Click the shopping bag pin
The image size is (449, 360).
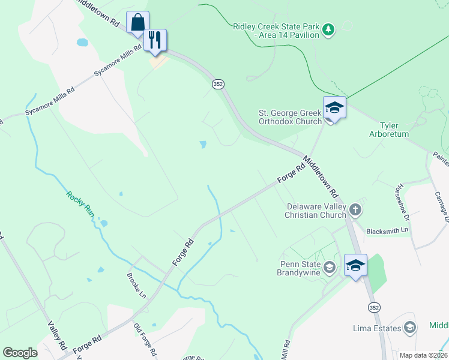tap(137, 23)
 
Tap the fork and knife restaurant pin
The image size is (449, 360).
tap(155, 40)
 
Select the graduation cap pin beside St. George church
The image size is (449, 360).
tap(334, 108)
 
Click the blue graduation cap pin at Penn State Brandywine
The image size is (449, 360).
tap(355, 265)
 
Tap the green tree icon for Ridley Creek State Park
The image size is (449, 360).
tap(328, 28)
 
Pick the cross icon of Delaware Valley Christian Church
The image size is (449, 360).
tap(356, 209)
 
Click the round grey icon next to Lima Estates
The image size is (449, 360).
tap(410, 327)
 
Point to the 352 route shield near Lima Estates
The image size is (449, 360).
tap(374, 307)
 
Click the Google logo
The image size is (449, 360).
tap(20, 353)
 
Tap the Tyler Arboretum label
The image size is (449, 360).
tap(394, 130)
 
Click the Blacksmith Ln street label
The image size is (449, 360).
tap(387, 230)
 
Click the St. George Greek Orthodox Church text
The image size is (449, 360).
tap(290, 117)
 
